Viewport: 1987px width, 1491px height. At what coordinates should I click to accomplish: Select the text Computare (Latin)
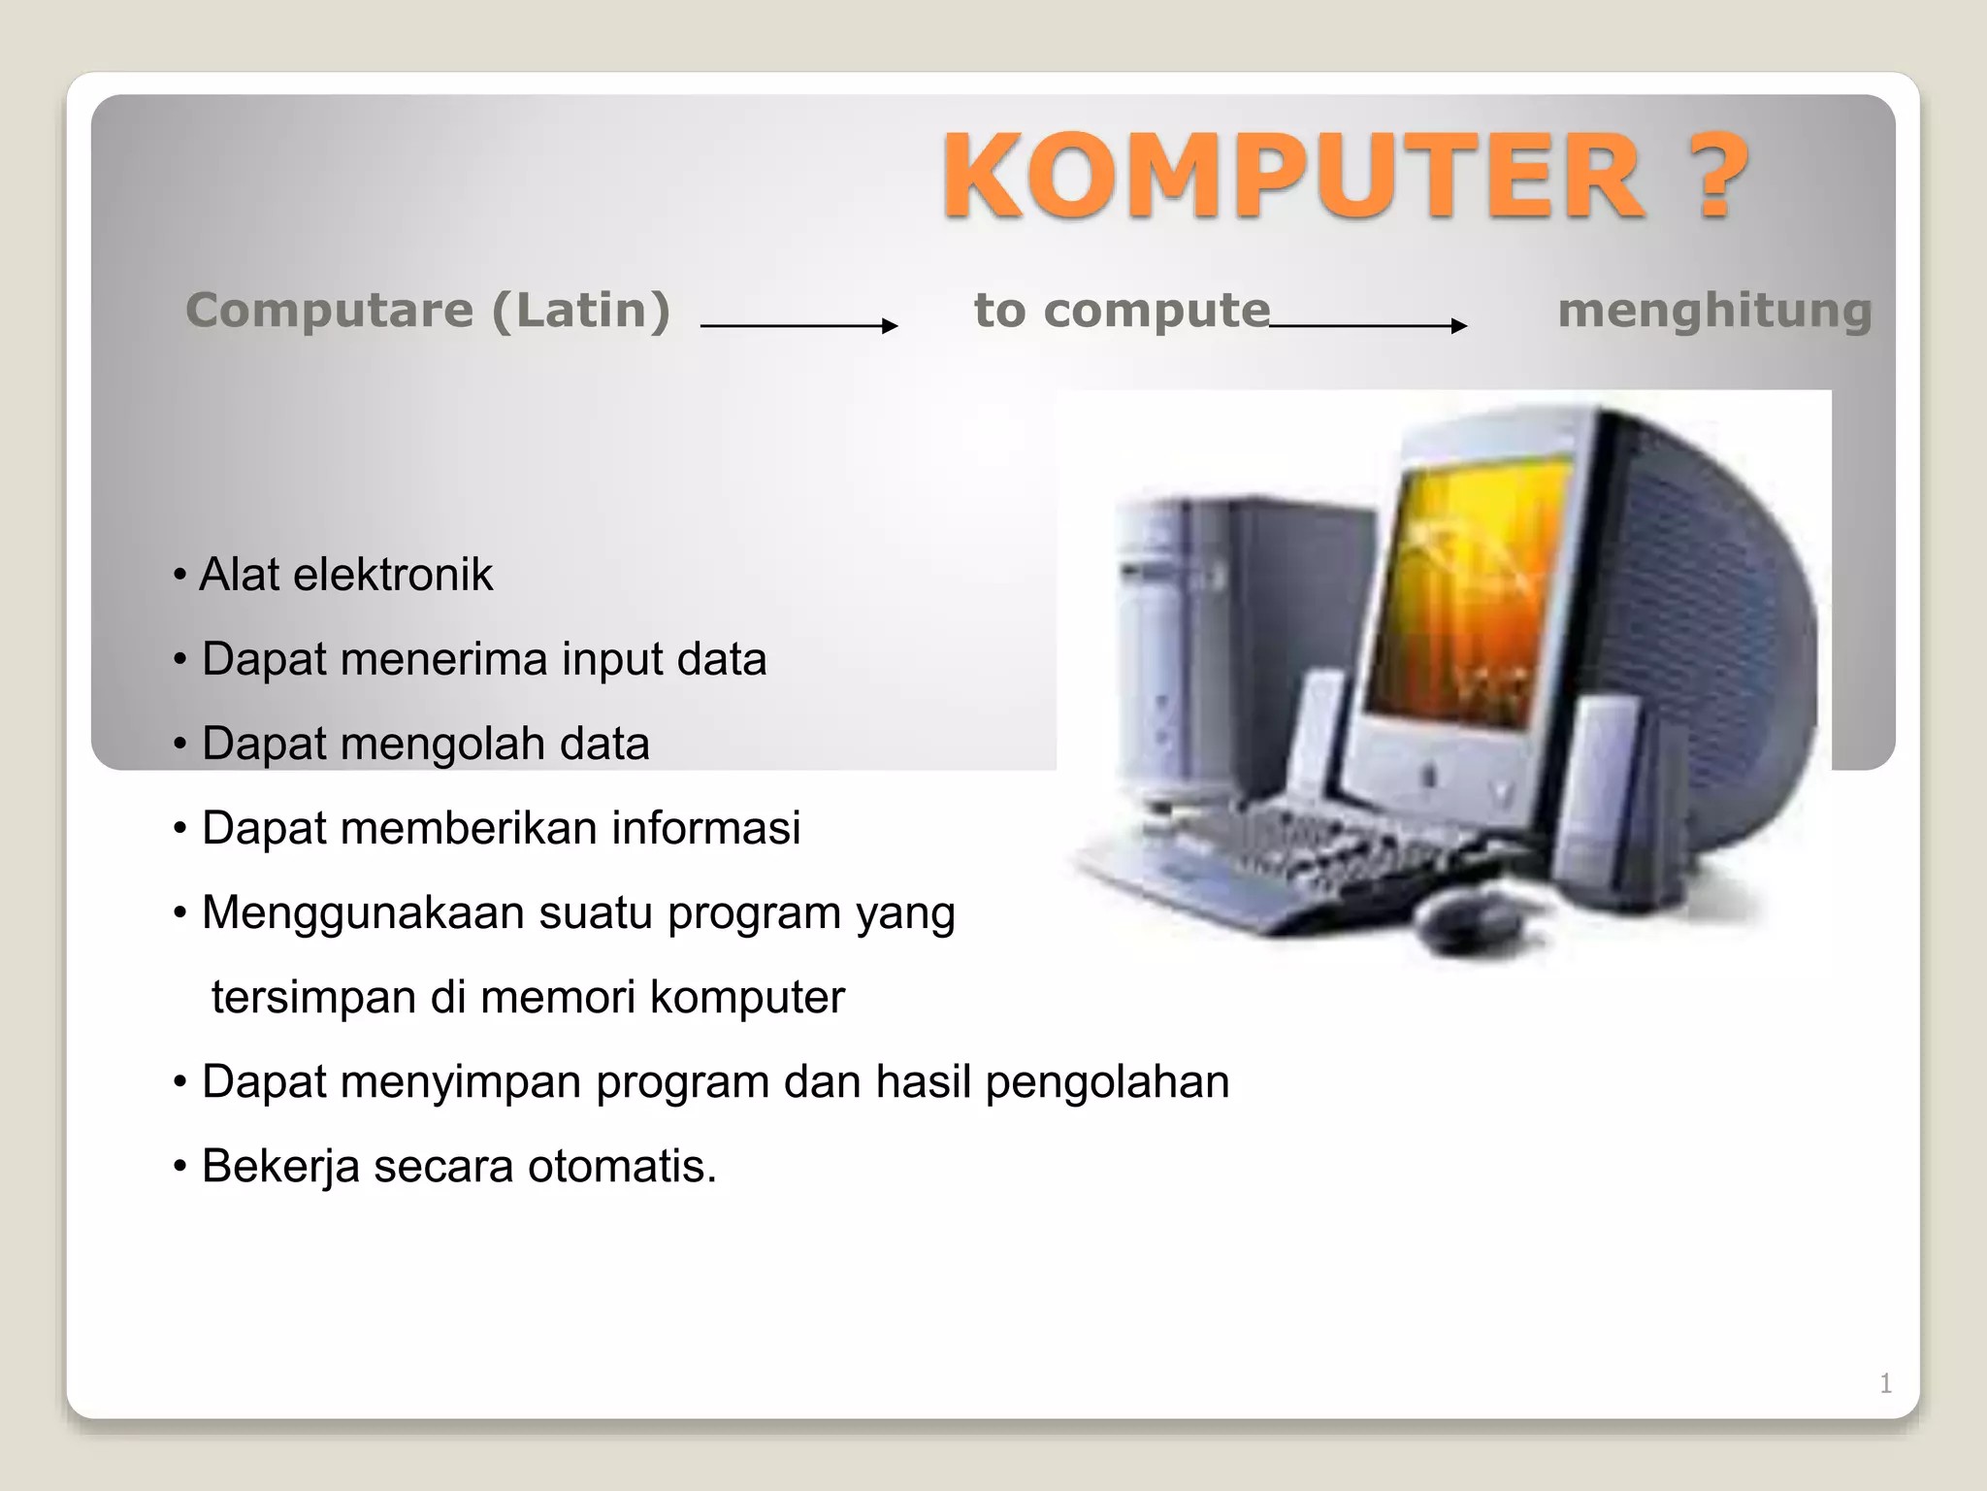click(x=428, y=311)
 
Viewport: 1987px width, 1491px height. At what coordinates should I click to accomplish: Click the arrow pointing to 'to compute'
click(x=798, y=326)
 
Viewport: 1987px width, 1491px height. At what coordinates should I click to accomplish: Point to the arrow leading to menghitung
click(x=1367, y=326)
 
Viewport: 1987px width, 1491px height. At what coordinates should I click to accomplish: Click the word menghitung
click(x=1713, y=311)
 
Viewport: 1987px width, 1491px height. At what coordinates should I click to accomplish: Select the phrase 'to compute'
click(x=1122, y=311)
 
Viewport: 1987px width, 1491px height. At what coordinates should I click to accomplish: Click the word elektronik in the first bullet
click(x=393, y=575)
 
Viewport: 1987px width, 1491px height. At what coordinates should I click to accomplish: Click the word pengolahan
click(x=1107, y=1081)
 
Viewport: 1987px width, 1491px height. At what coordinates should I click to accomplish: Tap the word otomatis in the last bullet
click(x=621, y=1166)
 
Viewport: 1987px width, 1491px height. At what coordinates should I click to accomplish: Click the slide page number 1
click(x=1884, y=1383)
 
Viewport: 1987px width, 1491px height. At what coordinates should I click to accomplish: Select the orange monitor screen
click(x=1465, y=592)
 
